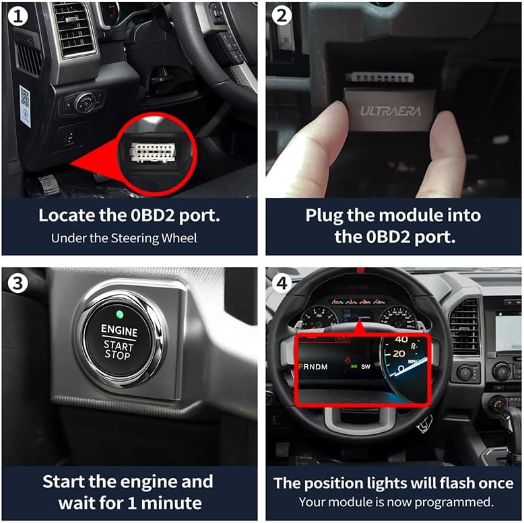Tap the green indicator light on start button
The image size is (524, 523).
click(x=119, y=314)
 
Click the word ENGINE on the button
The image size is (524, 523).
click(x=119, y=331)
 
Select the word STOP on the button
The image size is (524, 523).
click(x=118, y=355)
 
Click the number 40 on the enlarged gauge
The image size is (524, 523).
click(x=401, y=339)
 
